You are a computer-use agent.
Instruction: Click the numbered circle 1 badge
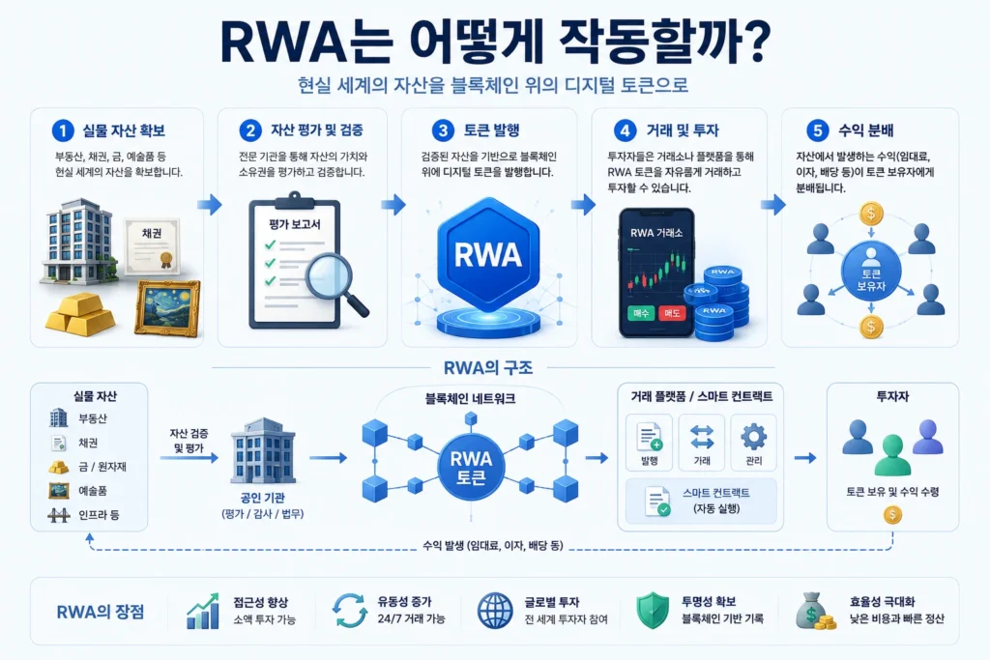(63, 130)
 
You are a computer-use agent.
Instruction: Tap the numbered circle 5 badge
(817, 130)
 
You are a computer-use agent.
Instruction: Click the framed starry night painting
(167, 308)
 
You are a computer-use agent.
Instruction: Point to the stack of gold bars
(81, 314)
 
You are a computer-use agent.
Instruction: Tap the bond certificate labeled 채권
(152, 246)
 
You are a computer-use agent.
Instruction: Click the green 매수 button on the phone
(642, 313)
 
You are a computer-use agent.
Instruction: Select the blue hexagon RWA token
(488, 254)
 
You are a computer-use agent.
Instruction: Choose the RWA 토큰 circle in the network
(471, 467)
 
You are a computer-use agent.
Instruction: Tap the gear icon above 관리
(753, 436)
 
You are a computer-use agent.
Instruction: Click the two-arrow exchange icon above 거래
(702, 437)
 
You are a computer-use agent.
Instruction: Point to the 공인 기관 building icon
(263, 450)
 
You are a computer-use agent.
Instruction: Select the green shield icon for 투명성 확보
(653, 610)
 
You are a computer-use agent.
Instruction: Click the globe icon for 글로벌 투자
(495, 610)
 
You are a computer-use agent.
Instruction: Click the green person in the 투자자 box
(892, 455)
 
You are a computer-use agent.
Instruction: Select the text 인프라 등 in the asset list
(99, 515)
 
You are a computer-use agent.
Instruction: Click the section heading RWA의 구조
(488, 367)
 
